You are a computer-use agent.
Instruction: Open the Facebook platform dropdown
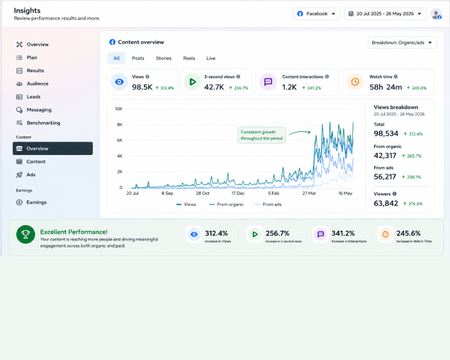click(316, 14)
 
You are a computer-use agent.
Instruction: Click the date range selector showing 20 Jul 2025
click(385, 14)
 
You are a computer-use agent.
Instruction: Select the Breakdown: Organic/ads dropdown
click(402, 43)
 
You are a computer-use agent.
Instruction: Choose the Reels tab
click(189, 59)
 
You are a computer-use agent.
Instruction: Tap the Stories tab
click(163, 59)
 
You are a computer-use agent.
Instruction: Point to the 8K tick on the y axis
click(120, 125)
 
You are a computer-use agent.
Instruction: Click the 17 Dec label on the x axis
click(238, 194)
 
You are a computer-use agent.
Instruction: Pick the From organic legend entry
click(226, 204)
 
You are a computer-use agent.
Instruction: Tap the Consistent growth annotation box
click(262, 135)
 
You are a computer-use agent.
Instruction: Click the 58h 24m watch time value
click(386, 87)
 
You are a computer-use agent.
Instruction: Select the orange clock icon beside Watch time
click(355, 82)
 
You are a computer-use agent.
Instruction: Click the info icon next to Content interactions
click(327, 76)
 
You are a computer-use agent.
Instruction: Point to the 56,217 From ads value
click(385, 177)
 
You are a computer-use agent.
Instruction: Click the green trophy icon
click(26, 234)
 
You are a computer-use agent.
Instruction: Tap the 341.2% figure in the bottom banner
click(343, 233)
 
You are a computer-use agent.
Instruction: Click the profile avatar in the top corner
click(436, 14)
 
